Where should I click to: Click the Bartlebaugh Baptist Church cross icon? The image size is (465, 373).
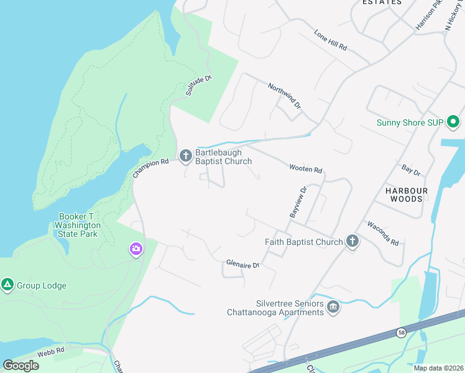[x=185, y=156]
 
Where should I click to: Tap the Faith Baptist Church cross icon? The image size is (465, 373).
[x=352, y=242]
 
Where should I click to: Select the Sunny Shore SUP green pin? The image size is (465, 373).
[x=453, y=122]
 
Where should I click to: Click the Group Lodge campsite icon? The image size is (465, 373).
[x=7, y=285]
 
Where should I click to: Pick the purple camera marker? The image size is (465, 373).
[x=136, y=249]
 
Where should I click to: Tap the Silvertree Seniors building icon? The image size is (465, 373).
[x=334, y=307]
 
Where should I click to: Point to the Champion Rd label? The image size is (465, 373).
[x=151, y=169]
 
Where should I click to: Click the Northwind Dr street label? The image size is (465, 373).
[x=285, y=97]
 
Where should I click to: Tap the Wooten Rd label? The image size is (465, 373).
[x=305, y=169]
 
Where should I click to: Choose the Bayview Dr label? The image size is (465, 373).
[x=298, y=202]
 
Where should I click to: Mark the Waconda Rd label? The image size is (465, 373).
[x=382, y=233]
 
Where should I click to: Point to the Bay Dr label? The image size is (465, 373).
[x=411, y=170]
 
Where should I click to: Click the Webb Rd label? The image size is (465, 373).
[x=50, y=351]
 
